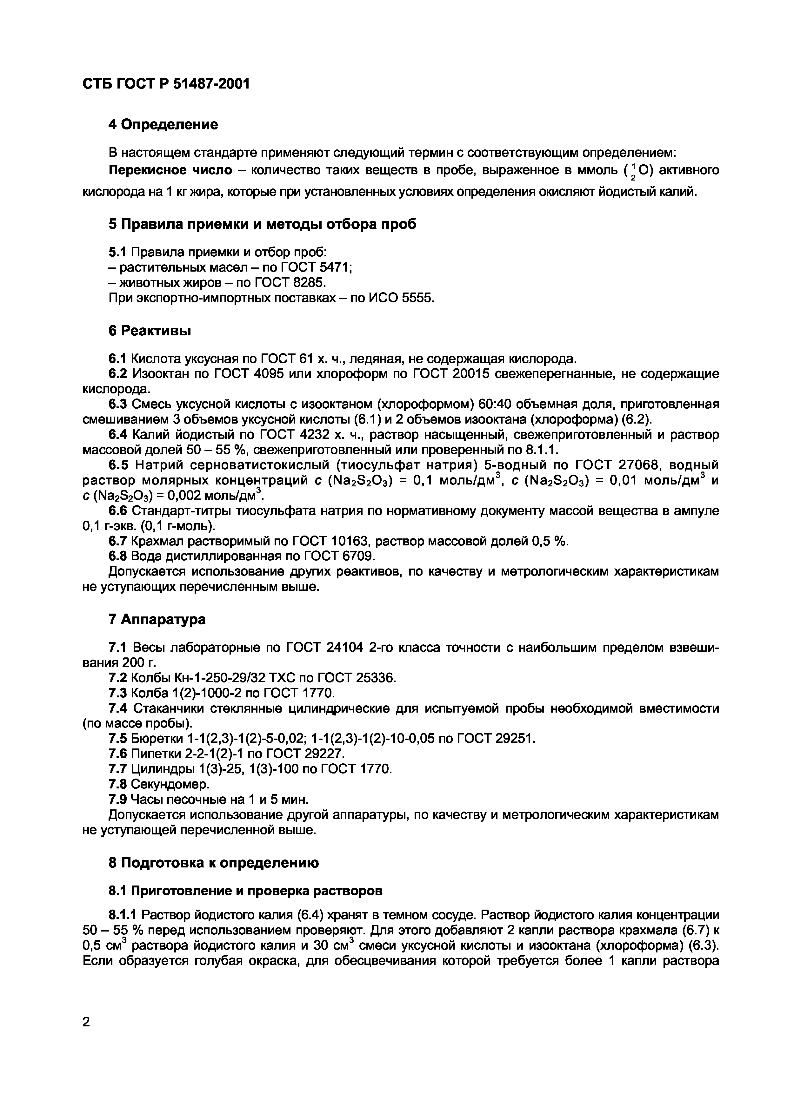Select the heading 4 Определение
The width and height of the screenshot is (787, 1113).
pos(163,125)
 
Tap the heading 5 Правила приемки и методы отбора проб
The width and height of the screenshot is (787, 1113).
pos(262,224)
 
